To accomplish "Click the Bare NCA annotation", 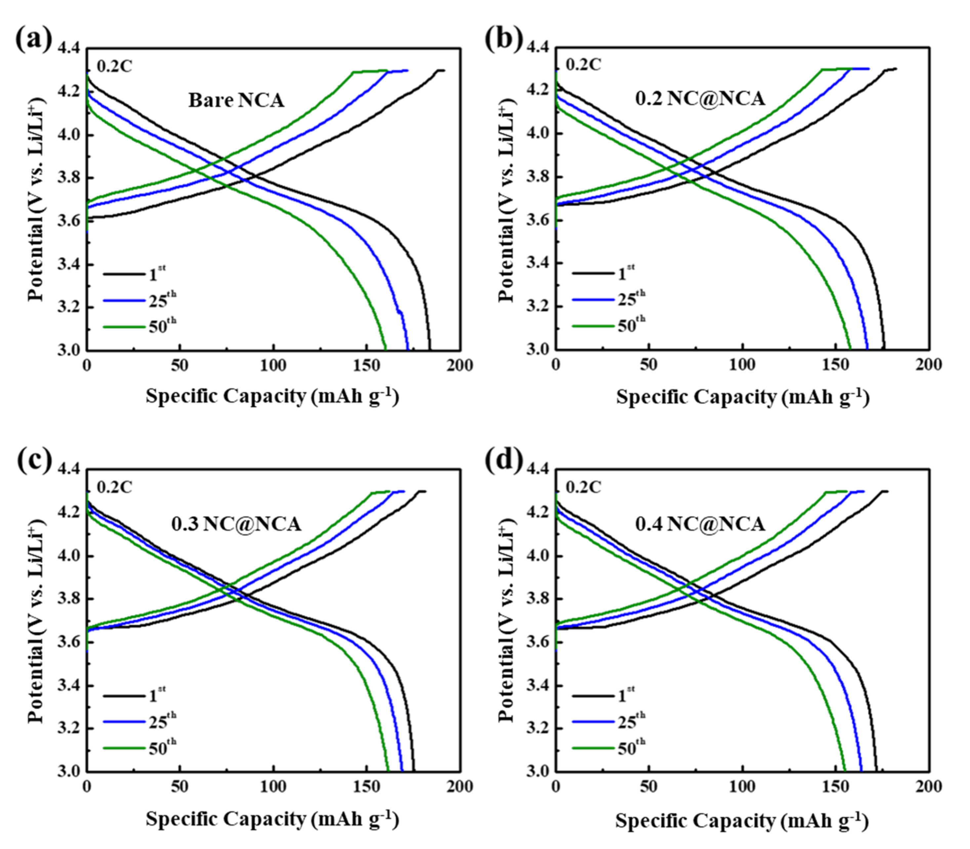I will coord(236,101).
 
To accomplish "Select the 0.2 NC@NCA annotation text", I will coord(700,99).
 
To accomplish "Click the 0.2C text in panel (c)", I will coord(115,487).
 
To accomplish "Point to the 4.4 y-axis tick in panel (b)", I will coord(537,47).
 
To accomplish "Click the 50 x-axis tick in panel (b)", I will coord(649,365).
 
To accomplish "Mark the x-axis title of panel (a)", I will coord(272,396).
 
